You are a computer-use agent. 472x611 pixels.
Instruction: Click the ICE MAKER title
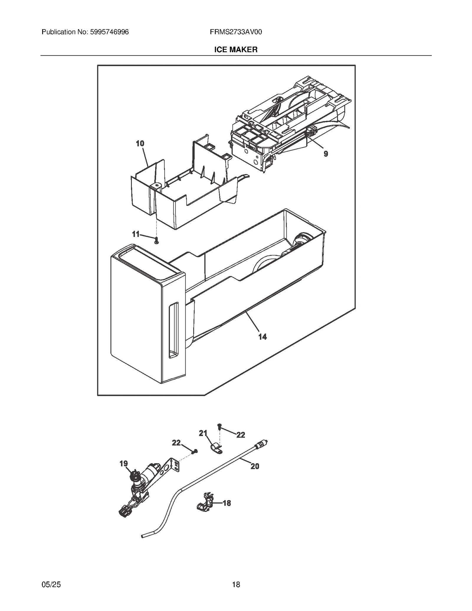[236, 50]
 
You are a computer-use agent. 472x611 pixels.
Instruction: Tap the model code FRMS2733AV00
[236, 32]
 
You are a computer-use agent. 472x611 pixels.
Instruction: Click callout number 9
[326, 154]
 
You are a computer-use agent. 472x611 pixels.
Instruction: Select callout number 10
[140, 144]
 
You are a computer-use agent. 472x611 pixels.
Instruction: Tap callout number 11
[135, 234]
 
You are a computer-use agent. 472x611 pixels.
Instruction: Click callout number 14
[262, 337]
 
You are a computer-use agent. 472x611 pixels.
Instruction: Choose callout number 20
[255, 466]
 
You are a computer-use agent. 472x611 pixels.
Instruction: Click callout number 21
[203, 433]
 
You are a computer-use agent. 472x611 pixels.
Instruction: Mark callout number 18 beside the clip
[227, 503]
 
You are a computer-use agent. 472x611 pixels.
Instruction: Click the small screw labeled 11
[157, 240]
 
